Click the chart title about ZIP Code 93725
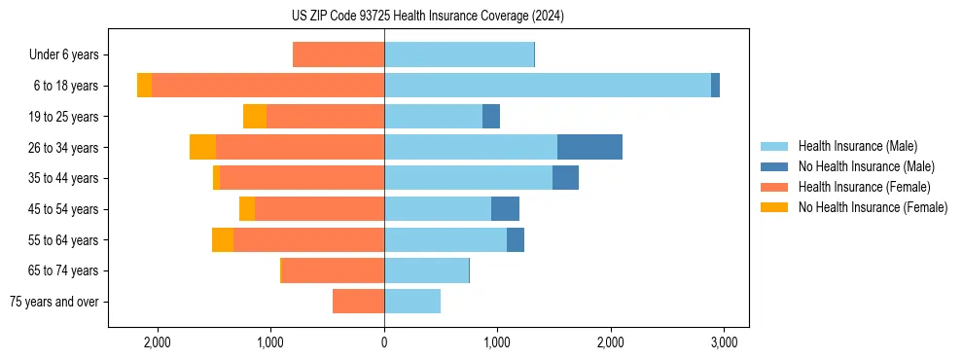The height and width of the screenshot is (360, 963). coord(427,16)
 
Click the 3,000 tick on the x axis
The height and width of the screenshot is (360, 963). coord(723,342)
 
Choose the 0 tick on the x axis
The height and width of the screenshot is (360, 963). coord(384,342)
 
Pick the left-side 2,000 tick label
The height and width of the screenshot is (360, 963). coord(158,342)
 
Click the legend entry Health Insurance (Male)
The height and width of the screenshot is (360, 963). coord(857,146)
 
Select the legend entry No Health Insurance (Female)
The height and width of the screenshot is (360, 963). coord(873,207)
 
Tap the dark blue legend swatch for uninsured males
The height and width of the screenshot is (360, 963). coord(774,166)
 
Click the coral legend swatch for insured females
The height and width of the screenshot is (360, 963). coord(774,187)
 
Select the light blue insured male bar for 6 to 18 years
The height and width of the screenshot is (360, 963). coord(548,86)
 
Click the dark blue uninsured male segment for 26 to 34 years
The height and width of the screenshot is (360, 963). coord(589,147)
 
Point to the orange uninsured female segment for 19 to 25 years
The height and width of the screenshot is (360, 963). coord(255,117)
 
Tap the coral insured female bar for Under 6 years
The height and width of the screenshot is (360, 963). coord(339,55)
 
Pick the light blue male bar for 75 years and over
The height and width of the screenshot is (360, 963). coord(412,302)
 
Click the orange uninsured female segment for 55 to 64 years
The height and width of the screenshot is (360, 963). coord(223,240)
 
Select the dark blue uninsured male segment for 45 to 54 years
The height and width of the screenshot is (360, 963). coord(505,209)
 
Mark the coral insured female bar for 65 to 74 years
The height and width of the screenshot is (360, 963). coord(334,270)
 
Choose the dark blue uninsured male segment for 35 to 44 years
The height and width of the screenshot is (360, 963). coord(565,178)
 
